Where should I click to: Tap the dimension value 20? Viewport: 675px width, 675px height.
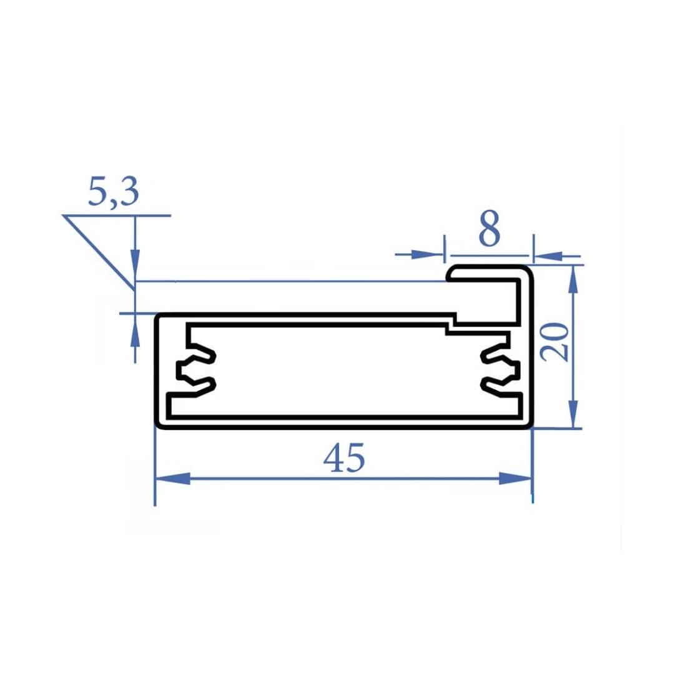[555, 342]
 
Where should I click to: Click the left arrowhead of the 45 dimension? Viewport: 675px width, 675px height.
[172, 479]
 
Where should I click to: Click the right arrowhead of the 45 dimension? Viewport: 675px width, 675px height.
[515, 479]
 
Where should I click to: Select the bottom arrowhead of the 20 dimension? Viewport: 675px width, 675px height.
[573, 412]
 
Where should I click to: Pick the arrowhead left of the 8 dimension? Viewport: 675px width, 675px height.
[426, 254]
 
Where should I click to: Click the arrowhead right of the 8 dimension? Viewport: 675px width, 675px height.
[549, 257]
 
